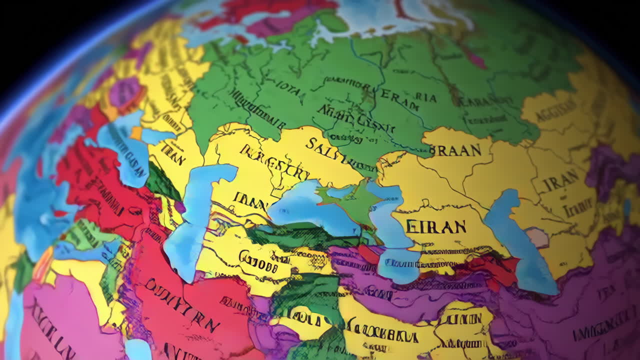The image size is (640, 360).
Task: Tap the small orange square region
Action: pyautogui.click(x=136, y=133)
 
